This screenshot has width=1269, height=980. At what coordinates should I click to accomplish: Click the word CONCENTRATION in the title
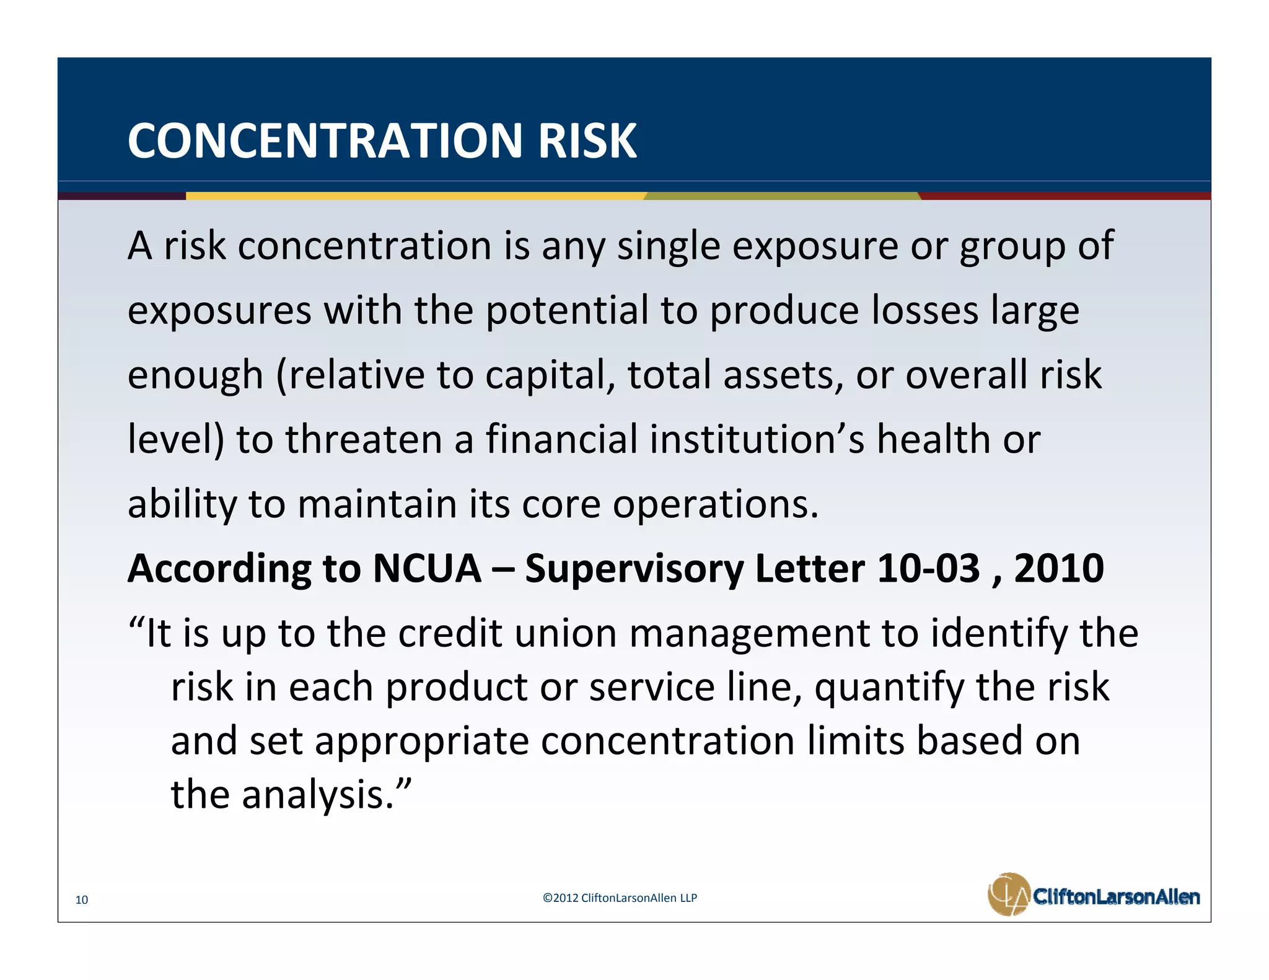pos(326,141)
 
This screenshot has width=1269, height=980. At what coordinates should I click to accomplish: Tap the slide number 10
pos(82,899)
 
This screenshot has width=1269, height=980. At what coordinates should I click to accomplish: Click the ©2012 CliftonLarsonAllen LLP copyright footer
pos(620,898)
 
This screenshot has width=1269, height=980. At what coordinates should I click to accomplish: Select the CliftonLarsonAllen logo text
pos(1116,896)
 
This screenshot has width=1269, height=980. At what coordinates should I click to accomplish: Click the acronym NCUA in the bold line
pos(427,568)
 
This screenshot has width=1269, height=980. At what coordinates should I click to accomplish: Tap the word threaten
pos(363,439)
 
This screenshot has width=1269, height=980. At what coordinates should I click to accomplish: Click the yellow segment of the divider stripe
pos(415,196)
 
